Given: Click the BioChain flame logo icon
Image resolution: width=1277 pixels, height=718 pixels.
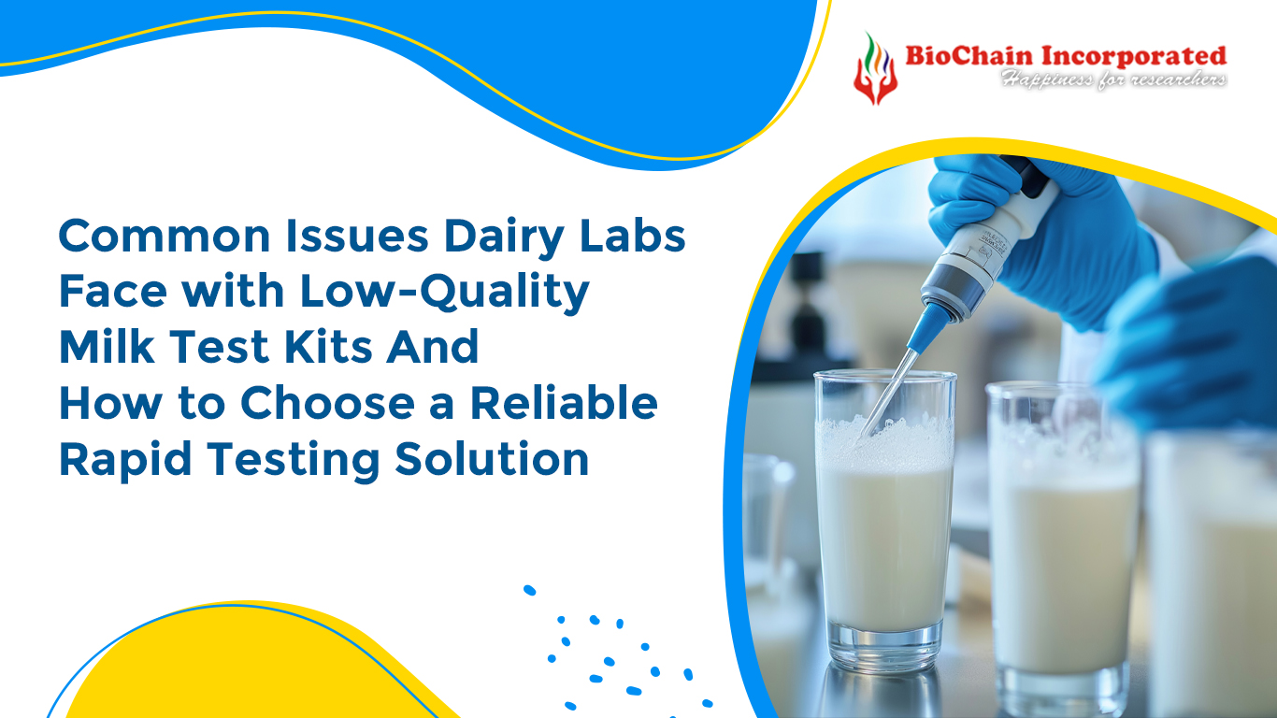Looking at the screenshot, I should pos(875,67).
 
